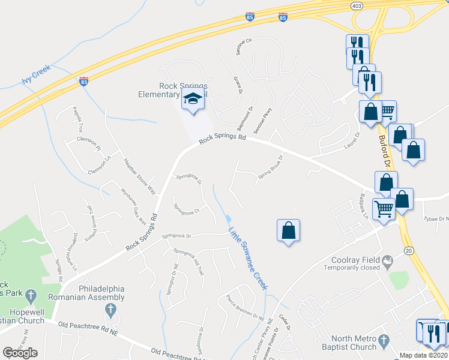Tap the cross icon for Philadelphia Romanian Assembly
110,310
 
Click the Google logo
20,353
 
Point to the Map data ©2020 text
423,355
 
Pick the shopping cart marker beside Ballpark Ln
384,208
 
